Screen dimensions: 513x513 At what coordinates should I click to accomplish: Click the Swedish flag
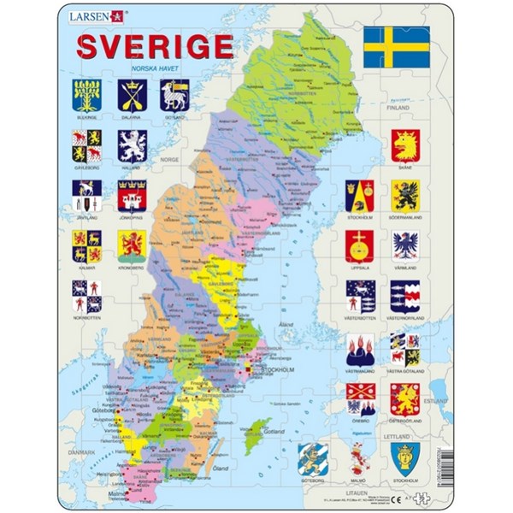point(396,47)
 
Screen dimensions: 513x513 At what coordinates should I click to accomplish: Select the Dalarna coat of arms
point(131,92)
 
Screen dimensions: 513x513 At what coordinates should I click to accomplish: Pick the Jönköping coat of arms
point(131,197)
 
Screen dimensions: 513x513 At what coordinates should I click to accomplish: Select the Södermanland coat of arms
point(405,196)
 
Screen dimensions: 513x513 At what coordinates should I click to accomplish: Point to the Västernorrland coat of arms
point(405,295)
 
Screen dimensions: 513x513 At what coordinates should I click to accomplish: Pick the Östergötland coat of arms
point(405,398)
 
